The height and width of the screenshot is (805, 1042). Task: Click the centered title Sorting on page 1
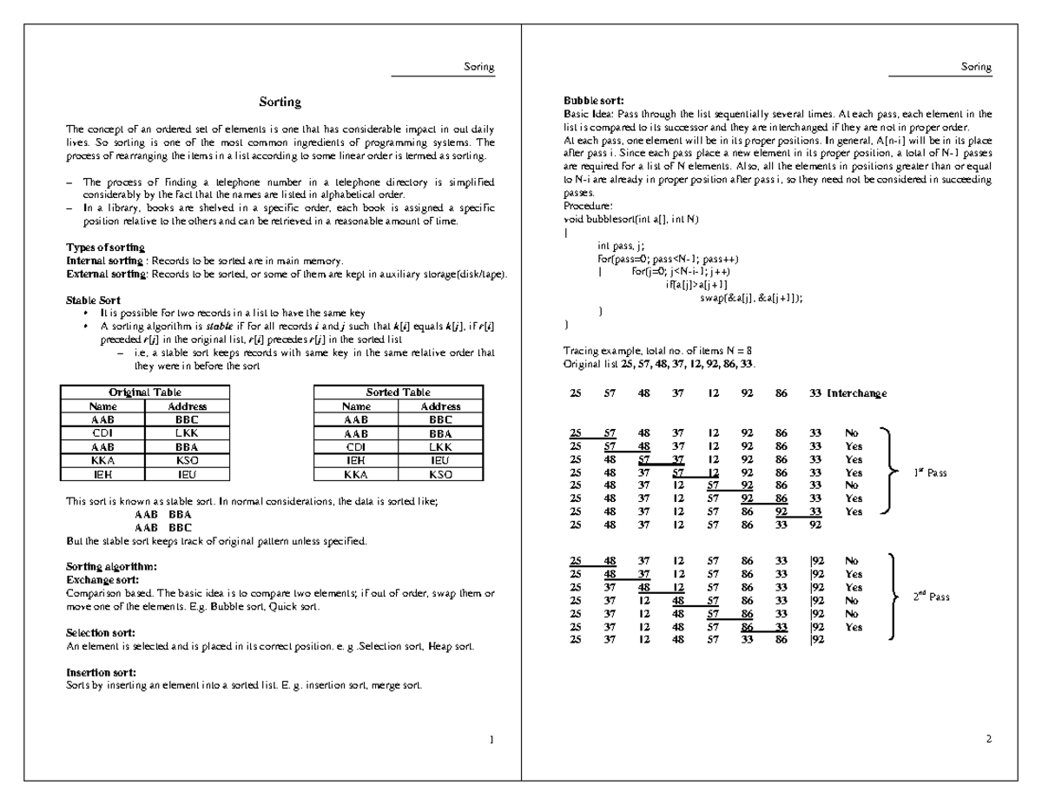[280, 102]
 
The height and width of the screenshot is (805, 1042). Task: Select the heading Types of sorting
[100, 247]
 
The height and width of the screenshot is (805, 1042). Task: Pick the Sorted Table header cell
[398, 393]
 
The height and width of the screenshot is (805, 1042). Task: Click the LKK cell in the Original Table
[187, 433]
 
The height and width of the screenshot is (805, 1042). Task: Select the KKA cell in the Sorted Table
[356, 475]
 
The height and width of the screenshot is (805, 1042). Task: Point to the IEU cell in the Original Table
[187, 475]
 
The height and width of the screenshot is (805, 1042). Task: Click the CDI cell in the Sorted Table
[356, 447]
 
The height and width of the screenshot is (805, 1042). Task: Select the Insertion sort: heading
[101, 672]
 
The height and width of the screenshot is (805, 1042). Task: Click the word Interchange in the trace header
[857, 393]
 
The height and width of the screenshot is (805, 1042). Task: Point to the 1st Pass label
[930, 472]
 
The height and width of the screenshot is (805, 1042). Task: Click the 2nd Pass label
[931, 597]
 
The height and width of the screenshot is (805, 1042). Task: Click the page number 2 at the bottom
[989, 739]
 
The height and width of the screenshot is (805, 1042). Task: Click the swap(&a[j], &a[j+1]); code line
[751, 297]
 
